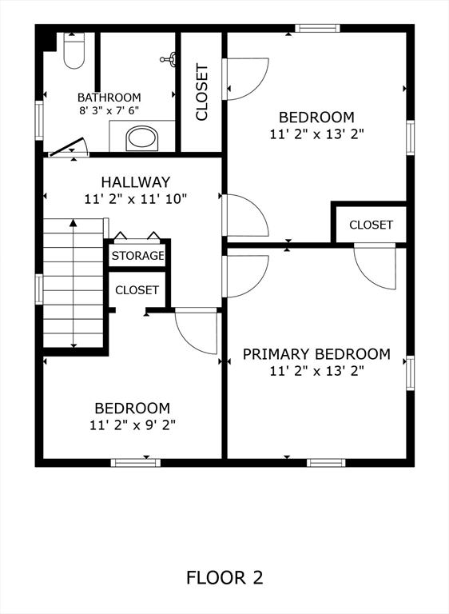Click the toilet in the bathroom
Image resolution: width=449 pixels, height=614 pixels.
tap(74, 52)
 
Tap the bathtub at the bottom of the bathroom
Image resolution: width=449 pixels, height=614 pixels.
tap(143, 138)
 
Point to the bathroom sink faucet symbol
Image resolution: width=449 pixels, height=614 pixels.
tap(169, 58)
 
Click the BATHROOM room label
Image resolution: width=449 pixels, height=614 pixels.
tap(109, 98)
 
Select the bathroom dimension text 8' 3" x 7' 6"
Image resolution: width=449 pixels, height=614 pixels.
tap(109, 112)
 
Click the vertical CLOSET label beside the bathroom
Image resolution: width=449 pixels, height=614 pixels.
tap(202, 92)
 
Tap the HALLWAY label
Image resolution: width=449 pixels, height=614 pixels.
tap(135, 182)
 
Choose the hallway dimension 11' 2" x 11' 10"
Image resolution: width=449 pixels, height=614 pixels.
tap(135, 198)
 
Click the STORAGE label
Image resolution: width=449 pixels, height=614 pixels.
tap(137, 256)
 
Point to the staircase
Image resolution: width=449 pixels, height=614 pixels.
tap(74, 284)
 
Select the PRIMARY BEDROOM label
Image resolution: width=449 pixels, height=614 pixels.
tap(316, 354)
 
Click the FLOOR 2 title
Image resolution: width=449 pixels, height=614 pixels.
tap(224, 576)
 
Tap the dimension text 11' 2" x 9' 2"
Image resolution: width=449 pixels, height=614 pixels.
tap(132, 425)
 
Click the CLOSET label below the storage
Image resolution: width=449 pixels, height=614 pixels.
tap(137, 290)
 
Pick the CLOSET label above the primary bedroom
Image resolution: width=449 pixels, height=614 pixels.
tap(371, 225)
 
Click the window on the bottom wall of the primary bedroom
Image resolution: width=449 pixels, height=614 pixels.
tap(326, 462)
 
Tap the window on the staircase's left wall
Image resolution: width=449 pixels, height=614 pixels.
tap(39, 289)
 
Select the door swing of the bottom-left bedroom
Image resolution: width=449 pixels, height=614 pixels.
tap(197, 330)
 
